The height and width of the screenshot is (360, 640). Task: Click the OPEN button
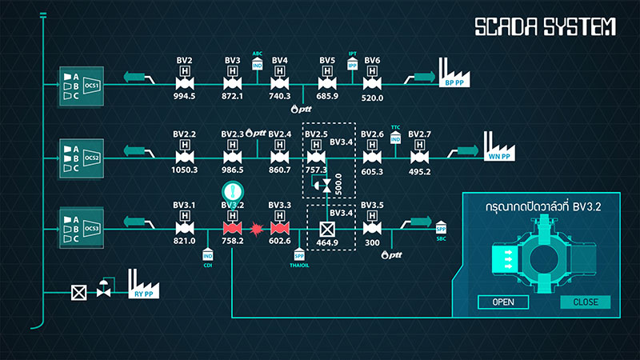tap(503, 302)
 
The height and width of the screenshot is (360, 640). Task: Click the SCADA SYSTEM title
tap(545, 27)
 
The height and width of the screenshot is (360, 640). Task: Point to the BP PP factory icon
tap(454, 74)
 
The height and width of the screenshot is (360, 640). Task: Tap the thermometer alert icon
tap(232, 193)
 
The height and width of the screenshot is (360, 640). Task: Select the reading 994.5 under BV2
tap(185, 97)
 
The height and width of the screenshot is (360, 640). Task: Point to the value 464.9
tap(326, 242)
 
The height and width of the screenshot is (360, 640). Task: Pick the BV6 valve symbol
tap(372, 82)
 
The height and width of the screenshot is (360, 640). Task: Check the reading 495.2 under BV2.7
tap(419, 171)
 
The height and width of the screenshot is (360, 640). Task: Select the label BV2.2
tap(185, 134)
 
